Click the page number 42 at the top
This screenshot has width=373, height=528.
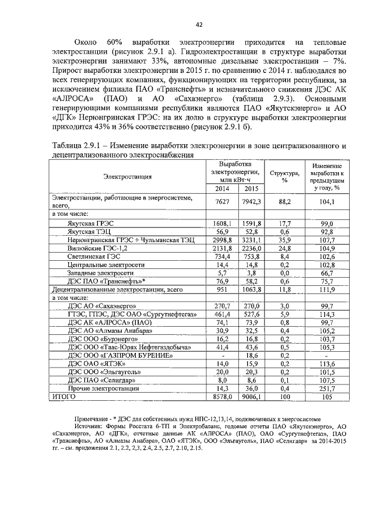199,24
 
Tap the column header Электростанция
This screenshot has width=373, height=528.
128,176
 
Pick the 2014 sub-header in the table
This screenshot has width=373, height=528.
222,188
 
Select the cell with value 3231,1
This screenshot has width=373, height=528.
252,240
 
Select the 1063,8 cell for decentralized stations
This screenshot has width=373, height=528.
252,289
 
